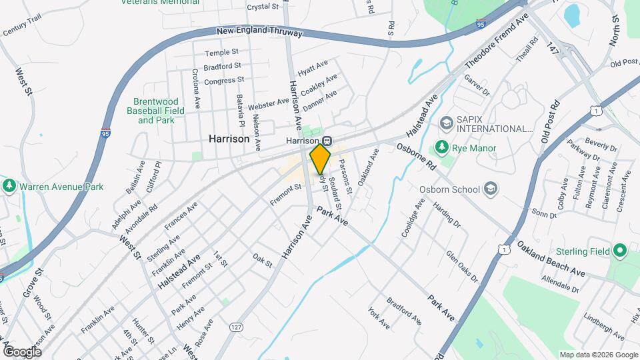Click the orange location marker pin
(x=321, y=158)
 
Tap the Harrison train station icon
(x=327, y=141)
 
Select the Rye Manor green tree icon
(x=441, y=146)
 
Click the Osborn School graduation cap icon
(x=491, y=189)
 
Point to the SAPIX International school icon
(x=445, y=123)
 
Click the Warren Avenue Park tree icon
(x=9, y=187)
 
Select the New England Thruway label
(x=260, y=31)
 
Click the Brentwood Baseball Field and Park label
(x=156, y=111)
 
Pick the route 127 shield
(x=235, y=327)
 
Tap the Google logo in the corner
(x=21, y=351)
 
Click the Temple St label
(x=221, y=53)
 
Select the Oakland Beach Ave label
(x=551, y=259)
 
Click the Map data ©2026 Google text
(x=598, y=355)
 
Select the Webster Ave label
(x=269, y=104)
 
